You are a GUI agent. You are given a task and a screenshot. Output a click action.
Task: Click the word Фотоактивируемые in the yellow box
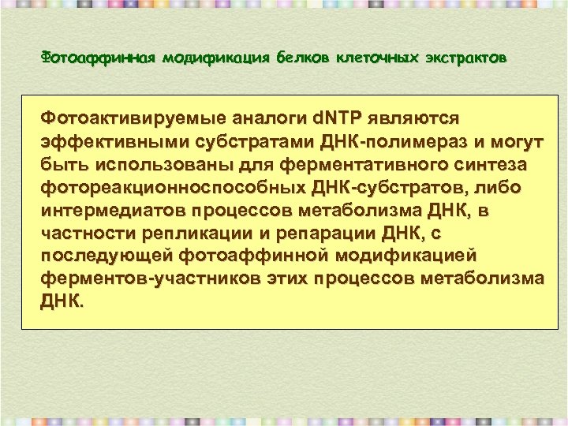(x=133, y=118)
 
